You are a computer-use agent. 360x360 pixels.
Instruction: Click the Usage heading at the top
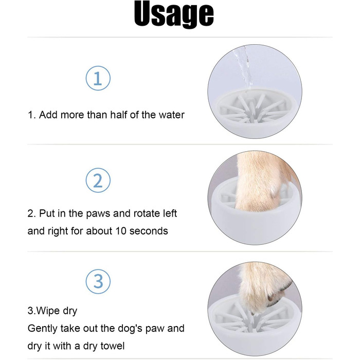point(174,14)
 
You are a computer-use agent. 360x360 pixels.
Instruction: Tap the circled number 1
point(98,78)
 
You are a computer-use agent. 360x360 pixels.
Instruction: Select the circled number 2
point(98,180)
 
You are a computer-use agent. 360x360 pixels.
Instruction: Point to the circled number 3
point(98,281)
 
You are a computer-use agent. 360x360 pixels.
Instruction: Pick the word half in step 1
point(119,115)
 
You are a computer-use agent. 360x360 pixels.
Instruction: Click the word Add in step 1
point(48,115)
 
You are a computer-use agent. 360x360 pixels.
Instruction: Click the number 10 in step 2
point(121,231)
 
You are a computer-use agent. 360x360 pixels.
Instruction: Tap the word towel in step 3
point(112,346)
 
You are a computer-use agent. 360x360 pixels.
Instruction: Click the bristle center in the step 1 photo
point(251,110)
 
